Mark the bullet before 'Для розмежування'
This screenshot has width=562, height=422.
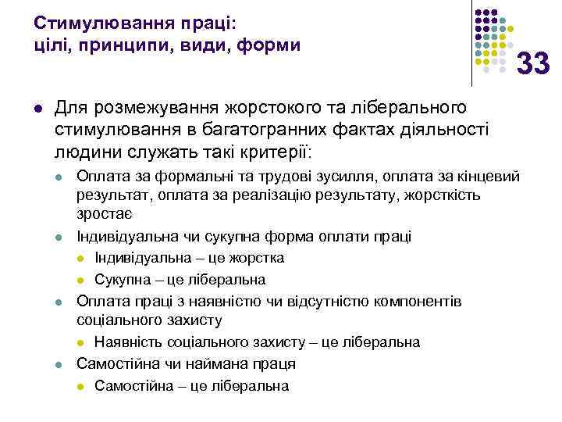(x=38, y=107)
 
